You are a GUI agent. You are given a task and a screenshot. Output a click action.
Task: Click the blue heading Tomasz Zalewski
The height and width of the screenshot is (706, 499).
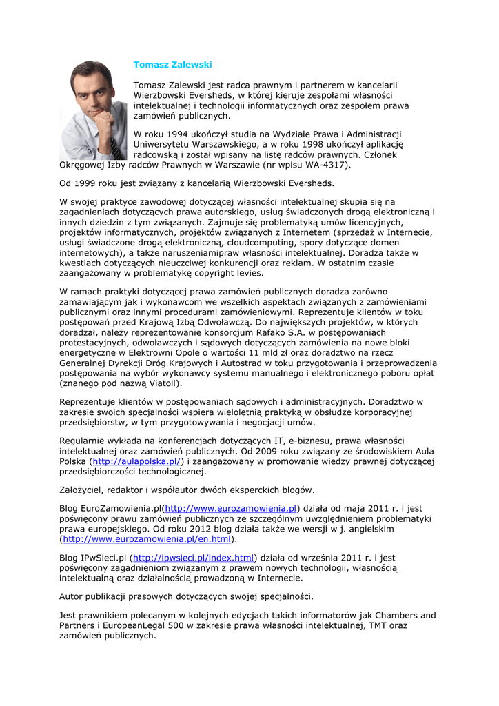[x=172, y=64]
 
